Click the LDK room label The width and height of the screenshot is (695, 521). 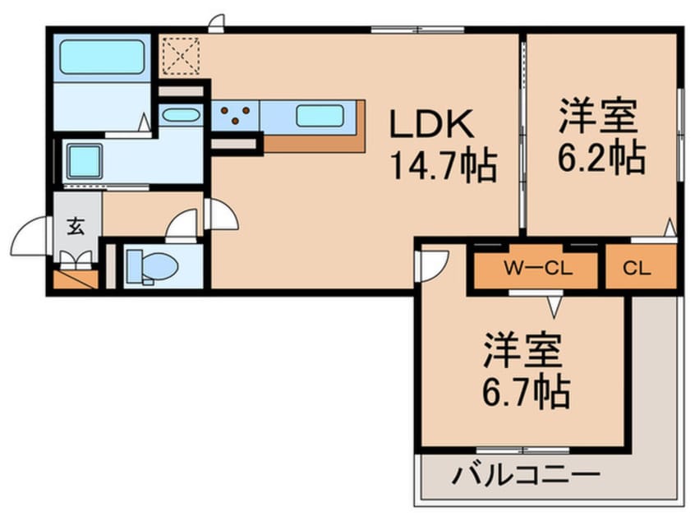point(431,125)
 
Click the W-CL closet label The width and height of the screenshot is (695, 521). point(537,267)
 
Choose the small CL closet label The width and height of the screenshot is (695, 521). point(640,267)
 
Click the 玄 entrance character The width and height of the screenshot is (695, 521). point(76,228)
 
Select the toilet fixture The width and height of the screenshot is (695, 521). point(153,265)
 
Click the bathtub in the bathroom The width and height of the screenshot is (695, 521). point(102,57)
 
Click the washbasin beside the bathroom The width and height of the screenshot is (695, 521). point(178,115)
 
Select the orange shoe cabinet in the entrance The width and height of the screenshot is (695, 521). point(75,279)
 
